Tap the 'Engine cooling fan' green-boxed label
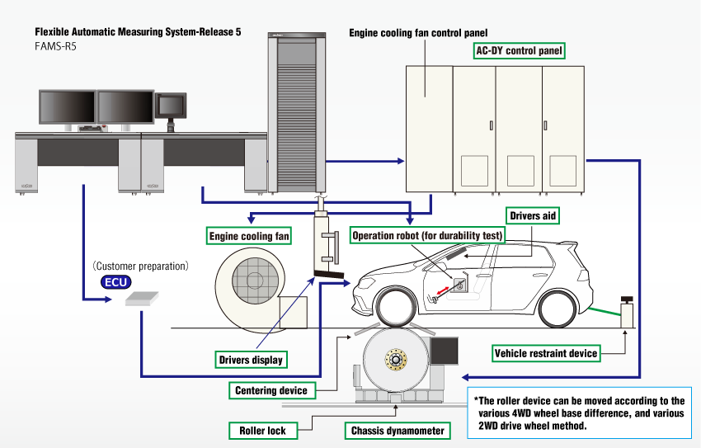point(248,236)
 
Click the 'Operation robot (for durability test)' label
point(427,235)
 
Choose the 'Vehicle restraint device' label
point(545,353)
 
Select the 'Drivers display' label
point(251,360)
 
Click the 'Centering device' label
point(271,390)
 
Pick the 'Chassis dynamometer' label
point(398,431)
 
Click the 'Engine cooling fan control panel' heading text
point(419,33)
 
